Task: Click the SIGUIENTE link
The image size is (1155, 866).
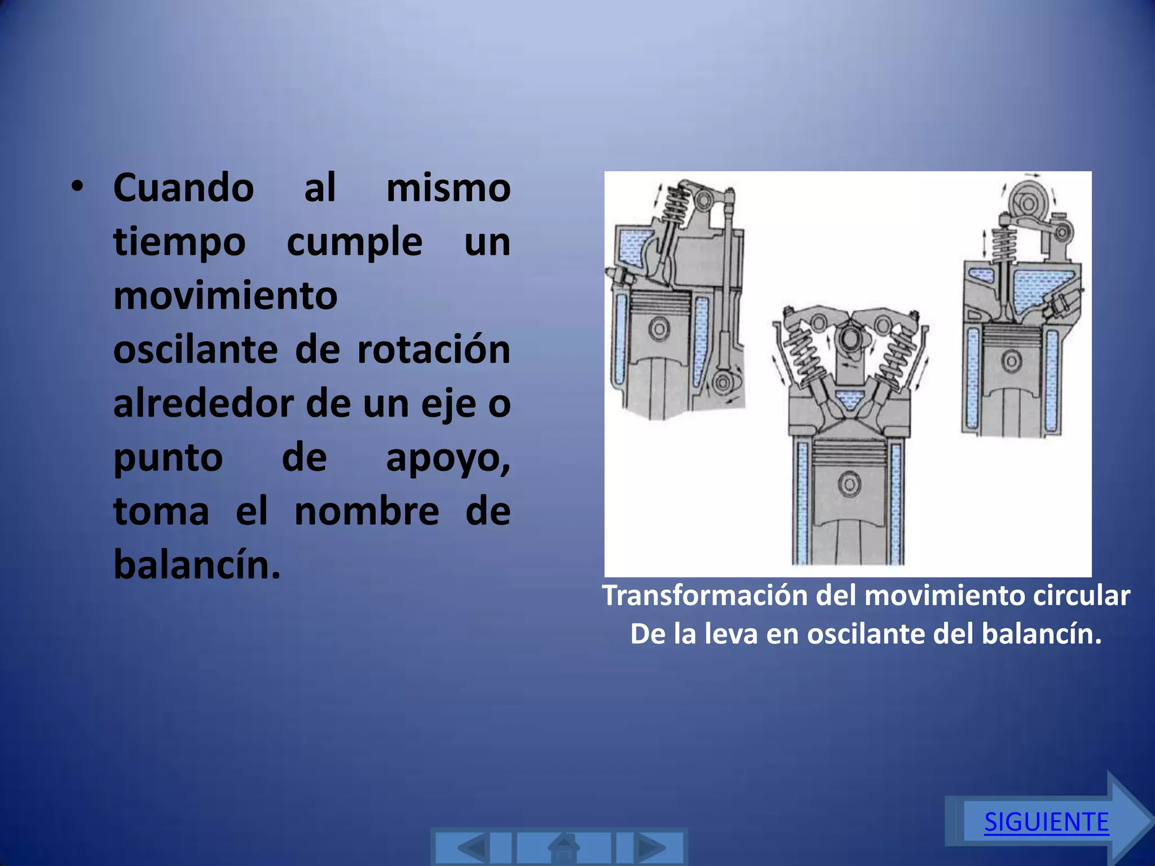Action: pyautogui.click(x=1046, y=821)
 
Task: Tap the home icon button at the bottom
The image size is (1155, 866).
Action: pyautogui.click(x=564, y=847)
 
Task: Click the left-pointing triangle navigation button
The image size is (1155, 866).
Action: pyautogui.click(x=473, y=847)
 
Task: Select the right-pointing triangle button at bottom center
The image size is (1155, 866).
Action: pyautogui.click(x=650, y=847)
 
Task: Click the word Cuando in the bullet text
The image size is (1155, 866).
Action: pyautogui.click(x=184, y=188)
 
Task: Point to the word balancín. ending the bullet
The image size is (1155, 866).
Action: pyautogui.click(x=197, y=564)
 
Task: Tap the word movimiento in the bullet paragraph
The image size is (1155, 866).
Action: pyautogui.click(x=226, y=295)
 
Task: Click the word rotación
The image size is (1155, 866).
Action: pyautogui.click(x=434, y=350)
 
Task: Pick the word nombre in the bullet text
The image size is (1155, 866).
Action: pyautogui.click(x=367, y=511)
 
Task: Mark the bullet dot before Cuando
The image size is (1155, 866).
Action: pyautogui.click(x=77, y=186)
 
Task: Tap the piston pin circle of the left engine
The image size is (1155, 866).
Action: pyautogui.click(x=659, y=328)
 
